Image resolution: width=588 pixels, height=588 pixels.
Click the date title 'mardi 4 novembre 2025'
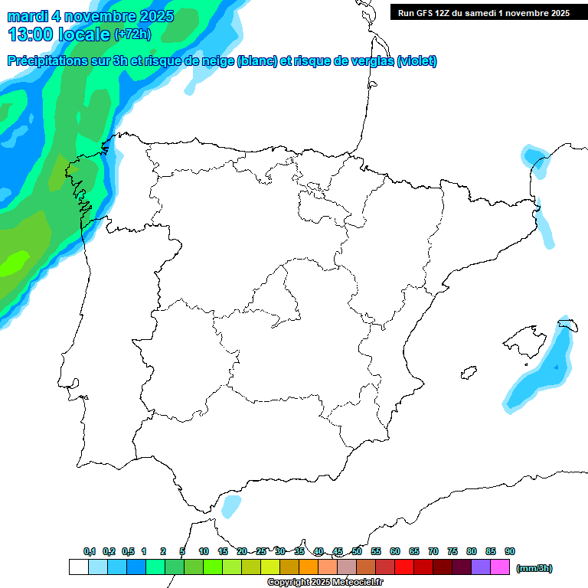(x=91, y=16)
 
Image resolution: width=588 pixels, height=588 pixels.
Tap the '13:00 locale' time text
(x=59, y=34)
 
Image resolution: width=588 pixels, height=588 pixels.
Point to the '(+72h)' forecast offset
(x=132, y=34)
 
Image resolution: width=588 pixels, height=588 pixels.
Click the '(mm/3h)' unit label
(x=534, y=568)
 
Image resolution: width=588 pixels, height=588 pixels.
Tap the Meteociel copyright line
(x=325, y=583)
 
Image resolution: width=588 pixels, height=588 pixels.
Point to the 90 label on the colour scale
(x=509, y=551)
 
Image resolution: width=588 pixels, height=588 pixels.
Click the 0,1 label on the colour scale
(x=90, y=551)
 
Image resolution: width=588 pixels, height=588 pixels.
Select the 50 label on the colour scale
(x=357, y=551)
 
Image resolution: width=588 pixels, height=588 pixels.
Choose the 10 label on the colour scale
(x=204, y=551)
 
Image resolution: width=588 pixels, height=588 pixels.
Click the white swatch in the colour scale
(x=78, y=567)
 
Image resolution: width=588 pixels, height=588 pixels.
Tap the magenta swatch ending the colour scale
(x=500, y=567)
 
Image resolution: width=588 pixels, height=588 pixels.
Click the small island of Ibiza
(x=469, y=373)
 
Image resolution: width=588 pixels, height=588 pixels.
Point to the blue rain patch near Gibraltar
(x=229, y=506)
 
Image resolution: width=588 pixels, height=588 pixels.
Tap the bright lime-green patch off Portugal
(x=13, y=266)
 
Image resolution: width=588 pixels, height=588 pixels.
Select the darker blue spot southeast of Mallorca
(x=557, y=367)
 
